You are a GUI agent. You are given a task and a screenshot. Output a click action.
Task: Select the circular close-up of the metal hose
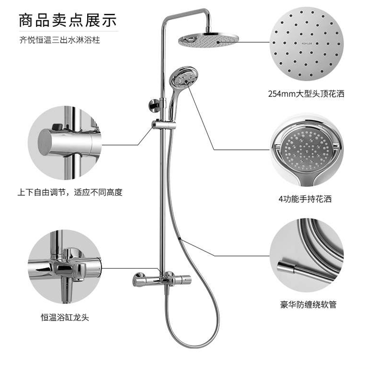tap(307, 255)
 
